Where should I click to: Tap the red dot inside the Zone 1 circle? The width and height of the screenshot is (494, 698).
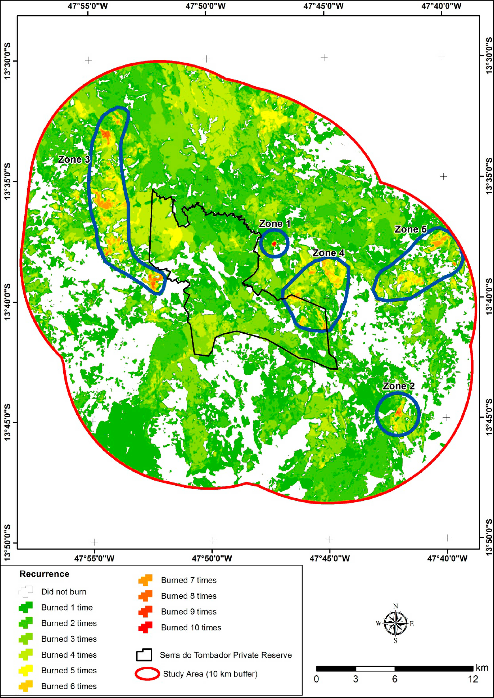[274, 244]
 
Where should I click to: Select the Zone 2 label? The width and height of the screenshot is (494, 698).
[398, 386]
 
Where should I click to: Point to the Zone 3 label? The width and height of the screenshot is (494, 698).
[74, 159]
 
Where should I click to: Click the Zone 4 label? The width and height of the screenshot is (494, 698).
[329, 253]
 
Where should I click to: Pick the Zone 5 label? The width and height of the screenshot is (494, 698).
[411, 229]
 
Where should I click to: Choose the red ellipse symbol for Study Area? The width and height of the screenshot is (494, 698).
[147, 674]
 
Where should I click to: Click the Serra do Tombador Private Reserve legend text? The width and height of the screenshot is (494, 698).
[226, 655]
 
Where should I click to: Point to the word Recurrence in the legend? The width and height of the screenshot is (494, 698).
[44, 574]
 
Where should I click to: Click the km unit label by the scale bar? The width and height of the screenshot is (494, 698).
[482, 668]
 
